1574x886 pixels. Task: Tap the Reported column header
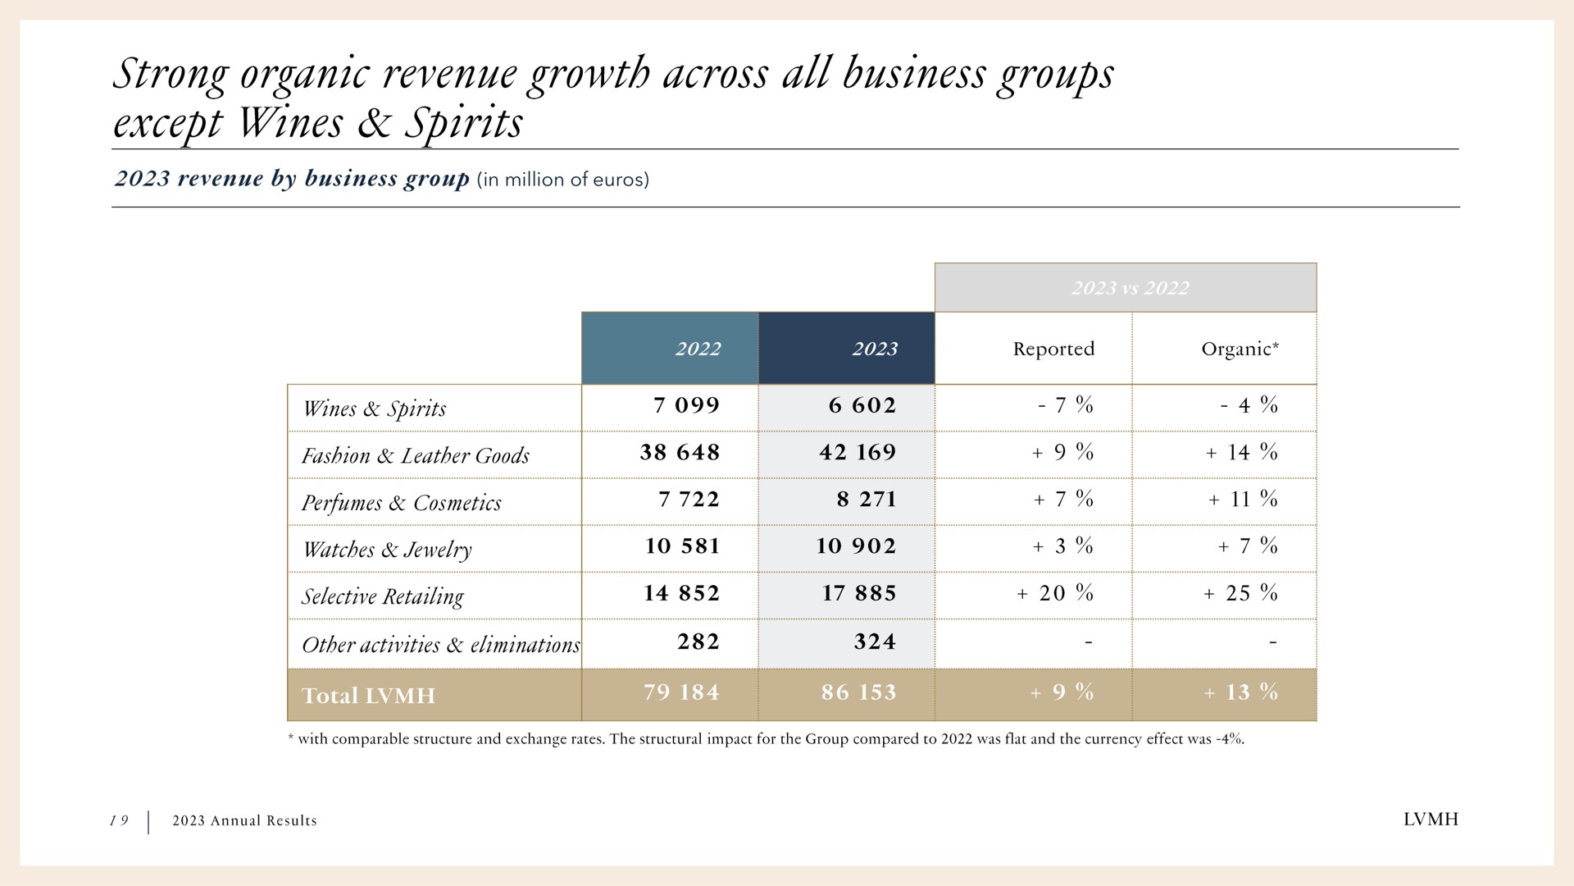pos(1053,349)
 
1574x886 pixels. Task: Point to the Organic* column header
pos(1240,349)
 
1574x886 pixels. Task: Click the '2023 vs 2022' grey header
pos(1126,288)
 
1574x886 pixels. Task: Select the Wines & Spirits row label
pos(374,409)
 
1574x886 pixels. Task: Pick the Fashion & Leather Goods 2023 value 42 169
pos(858,452)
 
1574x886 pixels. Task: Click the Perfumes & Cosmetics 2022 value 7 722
pos(689,499)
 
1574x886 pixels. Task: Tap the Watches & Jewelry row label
pos(387,549)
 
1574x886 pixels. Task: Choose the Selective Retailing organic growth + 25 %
pos(1240,593)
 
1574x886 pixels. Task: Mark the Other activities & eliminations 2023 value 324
pos(875,642)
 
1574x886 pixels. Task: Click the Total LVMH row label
pos(368,696)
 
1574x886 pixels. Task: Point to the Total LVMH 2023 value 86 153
pos(858,692)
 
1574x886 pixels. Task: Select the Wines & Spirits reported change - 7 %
pos(1065,405)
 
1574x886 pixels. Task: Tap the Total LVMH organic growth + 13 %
pos(1241,692)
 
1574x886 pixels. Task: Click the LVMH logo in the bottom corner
pos(1431,820)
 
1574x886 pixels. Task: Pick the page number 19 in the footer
pos(120,820)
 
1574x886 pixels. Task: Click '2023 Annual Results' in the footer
pos(244,820)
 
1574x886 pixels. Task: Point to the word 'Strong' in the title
pos(171,74)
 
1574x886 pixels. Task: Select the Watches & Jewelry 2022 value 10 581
pos(682,546)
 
